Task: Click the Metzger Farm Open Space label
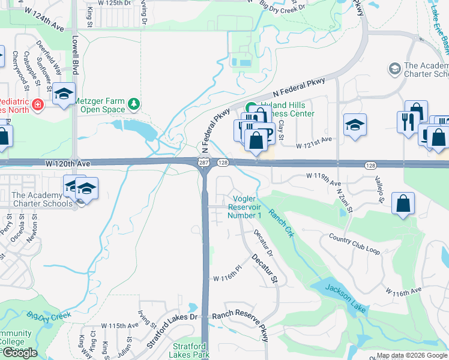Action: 101,106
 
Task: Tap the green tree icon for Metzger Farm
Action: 133,106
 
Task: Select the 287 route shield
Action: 203,163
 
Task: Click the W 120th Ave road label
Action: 67,163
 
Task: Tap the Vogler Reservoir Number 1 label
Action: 245,207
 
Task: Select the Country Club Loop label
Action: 355,243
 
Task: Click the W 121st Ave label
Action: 314,139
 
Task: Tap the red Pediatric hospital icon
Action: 37,104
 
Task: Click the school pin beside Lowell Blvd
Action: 64,94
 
